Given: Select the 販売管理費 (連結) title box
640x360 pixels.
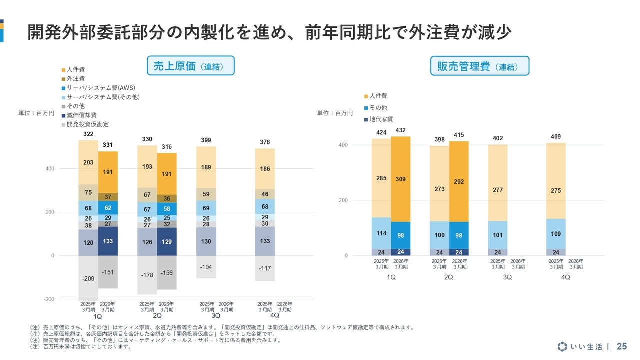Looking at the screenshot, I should pyautogui.click(x=479, y=66).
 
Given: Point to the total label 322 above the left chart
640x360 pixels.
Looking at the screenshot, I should pyautogui.click(x=88, y=135).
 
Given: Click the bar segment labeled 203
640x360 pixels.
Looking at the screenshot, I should pyautogui.click(x=88, y=162).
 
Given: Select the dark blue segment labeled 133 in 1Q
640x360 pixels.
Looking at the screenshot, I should pyautogui.click(x=108, y=241).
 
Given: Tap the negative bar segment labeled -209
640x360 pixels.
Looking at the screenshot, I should pyautogui.click(x=88, y=278).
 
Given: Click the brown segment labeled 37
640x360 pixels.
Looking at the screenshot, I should pyautogui.click(x=108, y=197).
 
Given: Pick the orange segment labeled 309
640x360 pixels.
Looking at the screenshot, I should pyautogui.click(x=401, y=179).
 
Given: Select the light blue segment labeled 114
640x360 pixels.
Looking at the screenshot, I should pyautogui.click(x=381, y=233).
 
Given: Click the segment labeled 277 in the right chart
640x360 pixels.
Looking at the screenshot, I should pyautogui.click(x=498, y=190).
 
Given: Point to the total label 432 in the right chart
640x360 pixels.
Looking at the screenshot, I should pyautogui.click(x=401, y=130).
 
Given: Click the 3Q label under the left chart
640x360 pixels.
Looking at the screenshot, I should pyautogui.click(x=216, y=316).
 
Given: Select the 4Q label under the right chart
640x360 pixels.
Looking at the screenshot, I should pyautogui.click(x=565, y=278).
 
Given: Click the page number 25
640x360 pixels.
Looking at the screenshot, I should pyautogui.click(x=622, y=346).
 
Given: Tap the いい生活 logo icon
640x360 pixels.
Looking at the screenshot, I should pyautogui.click(x=563, y=346).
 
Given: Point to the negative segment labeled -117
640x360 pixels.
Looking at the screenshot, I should pyautogui.click(x=265, y=268).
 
